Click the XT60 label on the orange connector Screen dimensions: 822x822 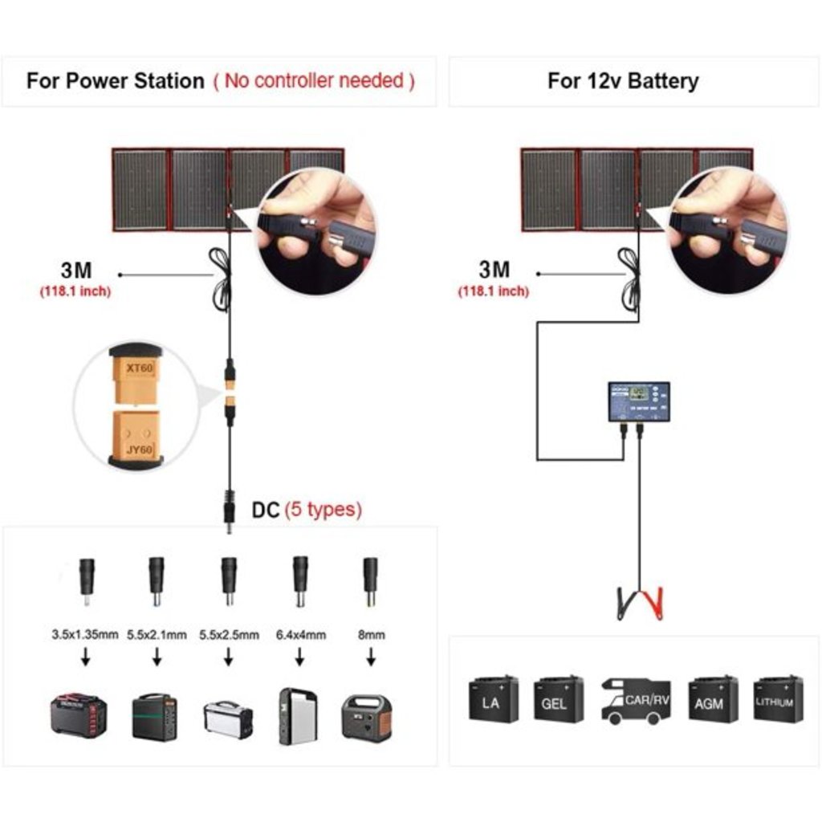point(139,368)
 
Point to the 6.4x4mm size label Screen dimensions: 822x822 point(299,634)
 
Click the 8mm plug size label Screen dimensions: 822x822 point(371,634)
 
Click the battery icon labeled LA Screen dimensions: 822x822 point(493,699)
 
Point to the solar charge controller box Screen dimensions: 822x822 point(638,401)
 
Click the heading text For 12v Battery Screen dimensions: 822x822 point(623,81)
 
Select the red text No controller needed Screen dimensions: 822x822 point(314,81)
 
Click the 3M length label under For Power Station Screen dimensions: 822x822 point(76,271)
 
